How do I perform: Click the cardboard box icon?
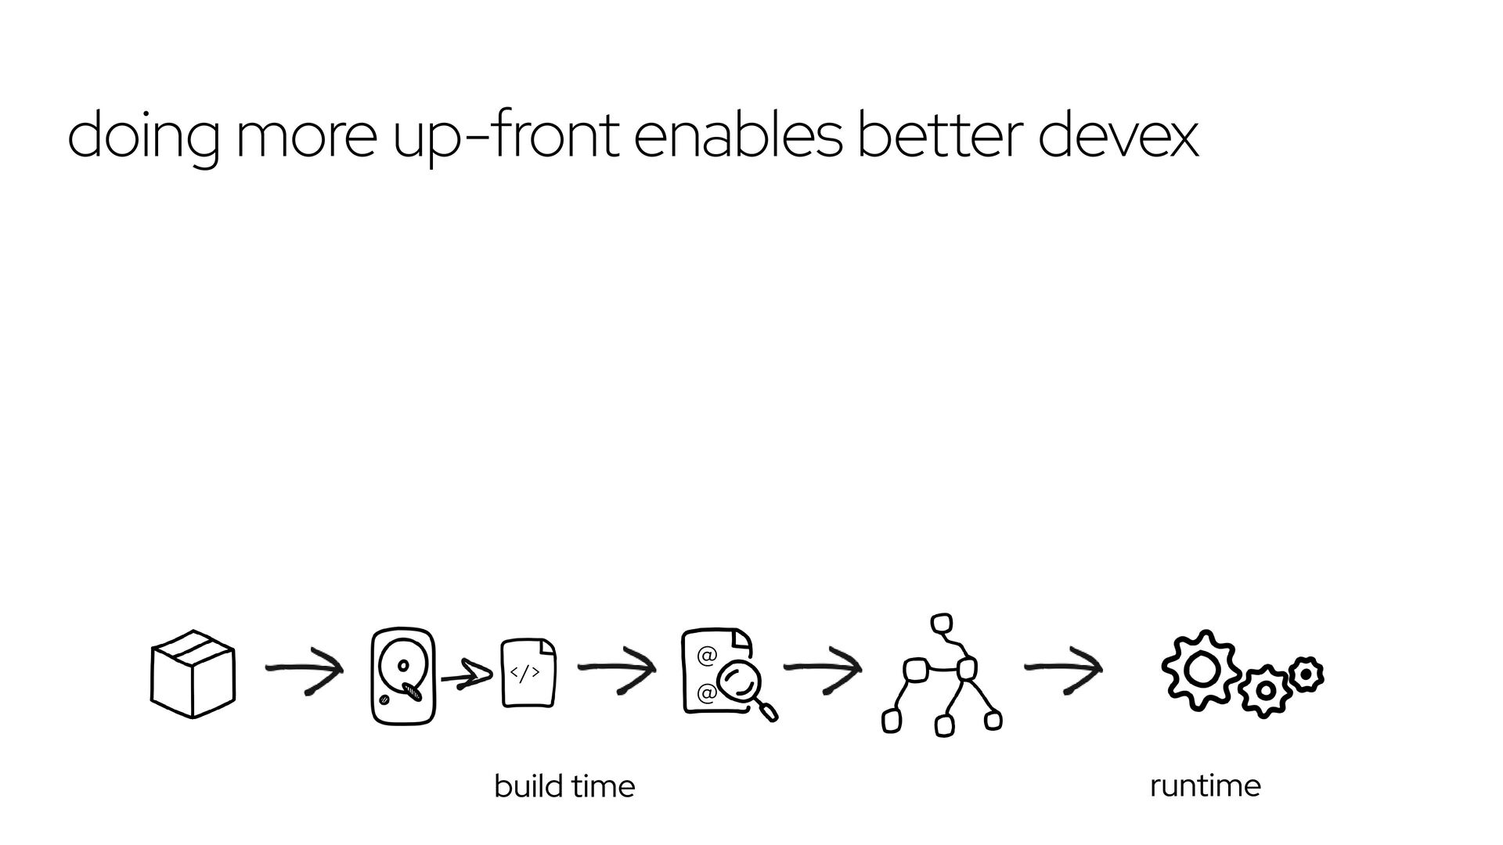193,674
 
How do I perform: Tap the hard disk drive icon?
402,675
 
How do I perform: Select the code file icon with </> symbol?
528,673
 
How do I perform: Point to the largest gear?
1201,671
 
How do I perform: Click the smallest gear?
1306,674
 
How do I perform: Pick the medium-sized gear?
1263,691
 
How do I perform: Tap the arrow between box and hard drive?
304,670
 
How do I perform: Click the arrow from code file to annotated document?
616,669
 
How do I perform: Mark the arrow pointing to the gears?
1063,669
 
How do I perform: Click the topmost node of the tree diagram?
943,624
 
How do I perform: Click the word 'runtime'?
1205,786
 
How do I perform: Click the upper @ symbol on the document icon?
706,656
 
